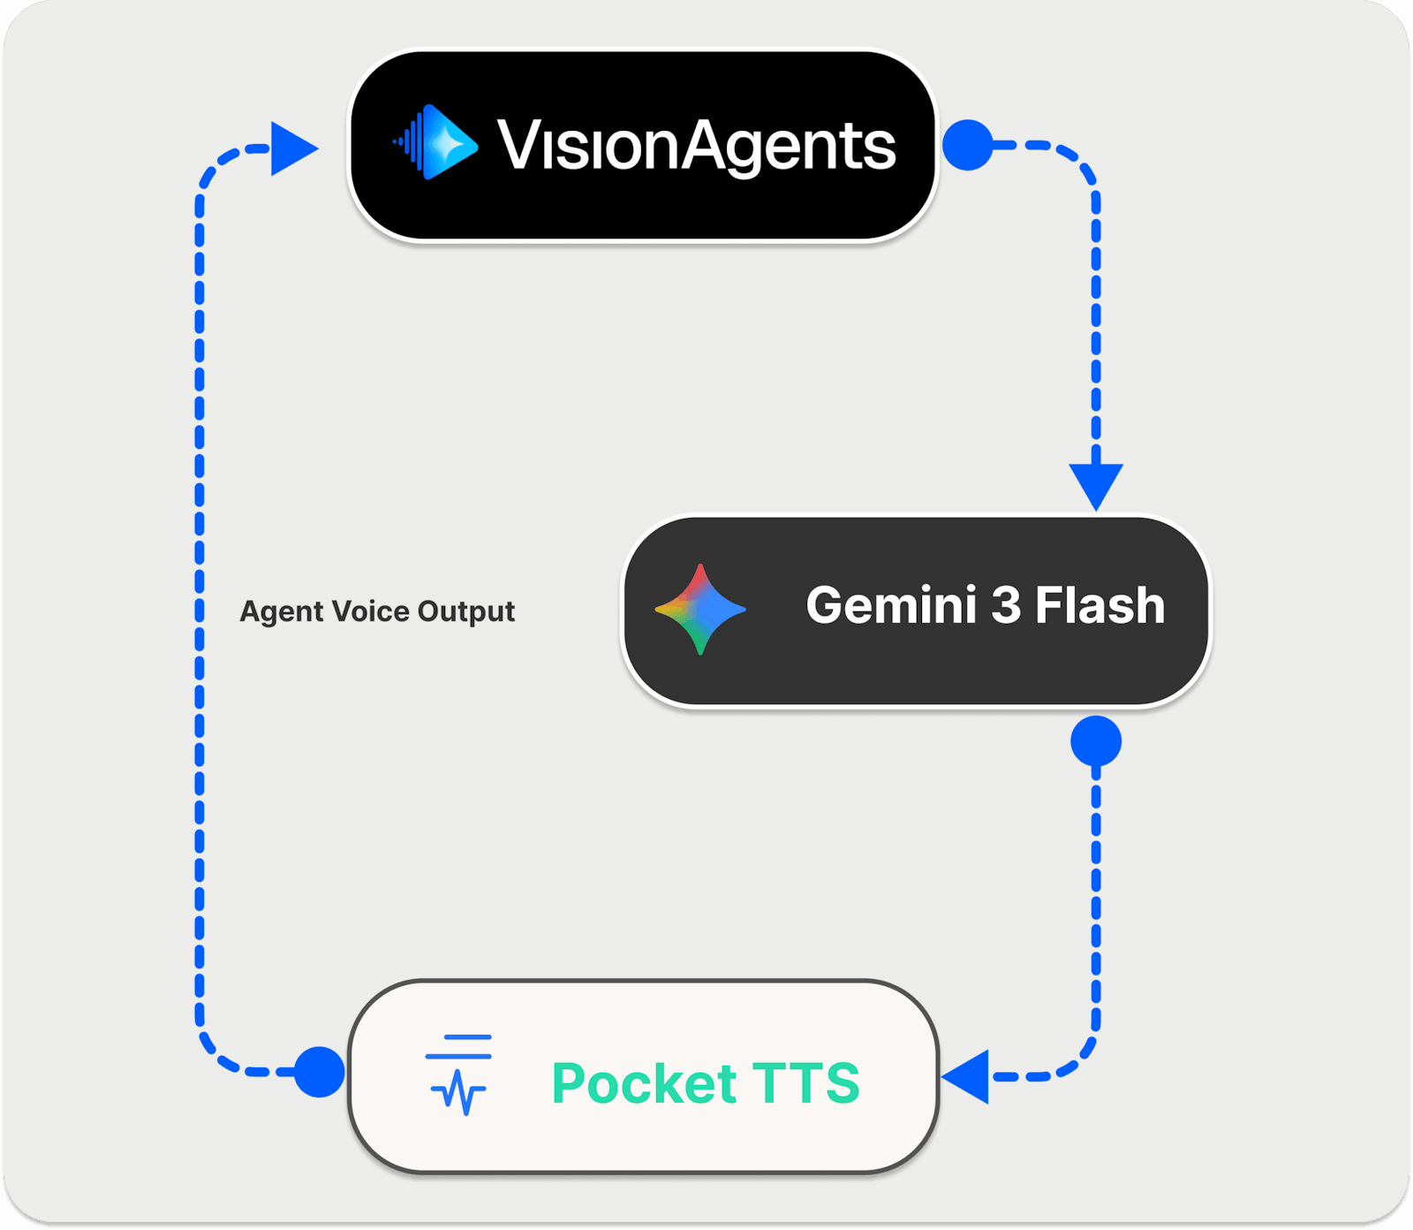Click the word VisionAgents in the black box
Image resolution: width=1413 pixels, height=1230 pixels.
point(696,146)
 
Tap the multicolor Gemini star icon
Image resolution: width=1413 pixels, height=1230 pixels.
point(700,609)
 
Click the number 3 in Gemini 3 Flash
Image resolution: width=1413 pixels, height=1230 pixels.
point(1005,606)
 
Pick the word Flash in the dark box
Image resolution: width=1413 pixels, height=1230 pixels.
point(1099,606)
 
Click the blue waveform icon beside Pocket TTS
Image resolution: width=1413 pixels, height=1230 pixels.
point(458,1074)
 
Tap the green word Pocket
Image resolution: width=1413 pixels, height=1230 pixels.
point(644,1083)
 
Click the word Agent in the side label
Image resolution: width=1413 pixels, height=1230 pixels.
point(282,611)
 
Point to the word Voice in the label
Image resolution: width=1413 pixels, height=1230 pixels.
point(370,611)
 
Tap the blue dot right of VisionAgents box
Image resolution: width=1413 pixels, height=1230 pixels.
point(968,145)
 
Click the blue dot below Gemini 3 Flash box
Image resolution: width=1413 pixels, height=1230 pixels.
point(1096,741)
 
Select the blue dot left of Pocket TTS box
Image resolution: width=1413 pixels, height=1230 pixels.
point(319,1072)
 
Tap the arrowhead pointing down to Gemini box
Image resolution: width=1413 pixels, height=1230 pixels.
point(1096,483)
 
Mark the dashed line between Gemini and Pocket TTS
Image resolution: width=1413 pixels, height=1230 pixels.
point(1096,892)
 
